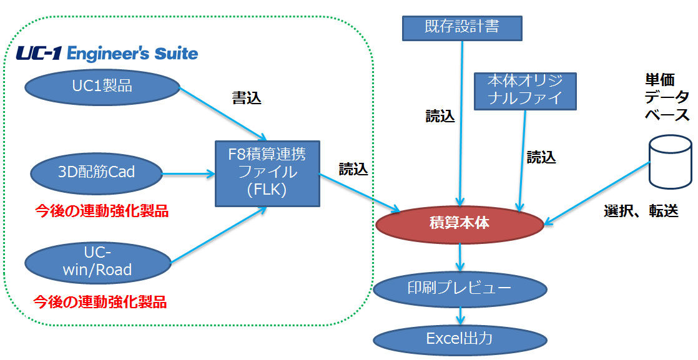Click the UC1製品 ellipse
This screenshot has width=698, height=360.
102,86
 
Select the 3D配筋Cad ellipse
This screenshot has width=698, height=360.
97,173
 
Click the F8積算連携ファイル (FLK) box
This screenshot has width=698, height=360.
267,173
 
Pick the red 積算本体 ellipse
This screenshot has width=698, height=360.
460,224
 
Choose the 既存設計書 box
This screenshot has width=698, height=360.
462,28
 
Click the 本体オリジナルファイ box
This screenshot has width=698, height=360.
525,91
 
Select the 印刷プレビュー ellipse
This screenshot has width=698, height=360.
460,289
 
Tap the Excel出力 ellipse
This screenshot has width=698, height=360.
460,339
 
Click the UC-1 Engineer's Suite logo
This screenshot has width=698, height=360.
107,54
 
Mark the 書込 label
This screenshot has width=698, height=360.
247,99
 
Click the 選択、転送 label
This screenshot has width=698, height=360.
641,210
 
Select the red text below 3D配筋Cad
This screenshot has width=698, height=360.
102,211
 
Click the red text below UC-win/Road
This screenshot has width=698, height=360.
100,302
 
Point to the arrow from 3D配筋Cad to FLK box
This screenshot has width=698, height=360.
189,173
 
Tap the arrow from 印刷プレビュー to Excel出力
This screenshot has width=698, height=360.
460,316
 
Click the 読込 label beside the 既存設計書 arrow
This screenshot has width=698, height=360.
440,116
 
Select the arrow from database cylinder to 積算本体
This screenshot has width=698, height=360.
597,192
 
